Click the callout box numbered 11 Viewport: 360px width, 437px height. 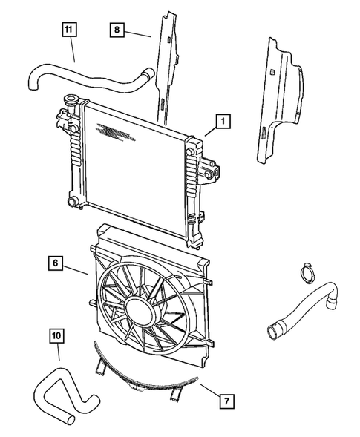[69, 30]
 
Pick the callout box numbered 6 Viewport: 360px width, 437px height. [56, 261]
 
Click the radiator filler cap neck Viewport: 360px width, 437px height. [72, 102]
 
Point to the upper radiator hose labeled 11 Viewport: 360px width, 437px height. [89, 74]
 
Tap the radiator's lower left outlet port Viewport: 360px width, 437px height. [72, 202]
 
